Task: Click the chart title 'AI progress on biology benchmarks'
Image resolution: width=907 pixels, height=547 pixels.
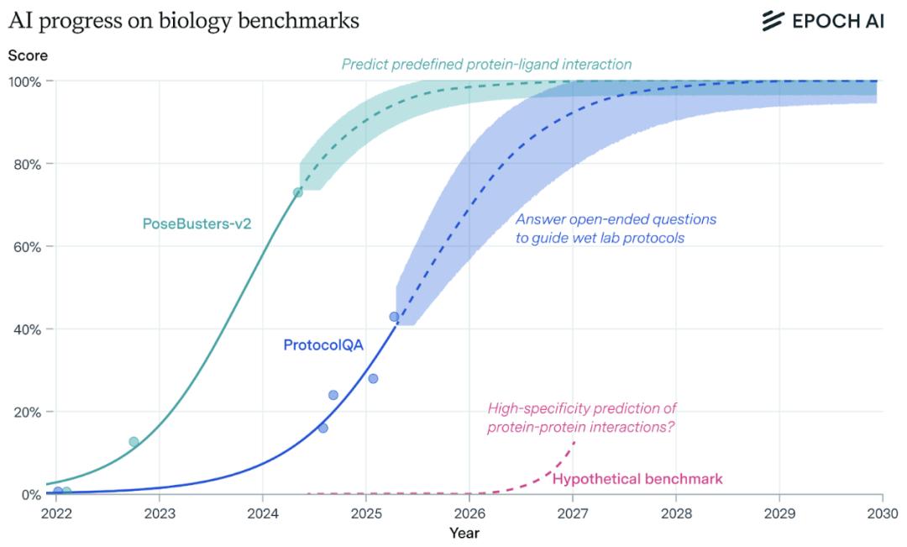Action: tap(184, 21)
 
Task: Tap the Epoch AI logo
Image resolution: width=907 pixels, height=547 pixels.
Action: tap(822, 21)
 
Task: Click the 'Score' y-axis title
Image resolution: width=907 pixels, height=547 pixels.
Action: tap(28, 55)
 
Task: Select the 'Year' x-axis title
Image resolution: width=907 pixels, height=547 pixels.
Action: tap(464, 532)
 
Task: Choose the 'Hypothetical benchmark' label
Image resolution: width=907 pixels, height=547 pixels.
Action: tap(637, 479)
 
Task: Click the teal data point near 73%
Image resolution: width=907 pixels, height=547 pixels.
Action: tap(297, 192)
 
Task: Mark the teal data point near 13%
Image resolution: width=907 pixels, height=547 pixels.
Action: tap(134, 442)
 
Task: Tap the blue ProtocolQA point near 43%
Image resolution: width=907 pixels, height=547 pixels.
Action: tap(394, 317)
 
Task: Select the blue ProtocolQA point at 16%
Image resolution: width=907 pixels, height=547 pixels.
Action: tap(322, 428)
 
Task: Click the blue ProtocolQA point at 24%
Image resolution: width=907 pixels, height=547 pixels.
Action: tap(333, 395)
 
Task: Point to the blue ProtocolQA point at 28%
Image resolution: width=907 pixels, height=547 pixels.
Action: tap(373, 378)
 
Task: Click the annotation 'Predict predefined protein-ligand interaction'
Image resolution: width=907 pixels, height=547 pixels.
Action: tap(486, 64)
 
